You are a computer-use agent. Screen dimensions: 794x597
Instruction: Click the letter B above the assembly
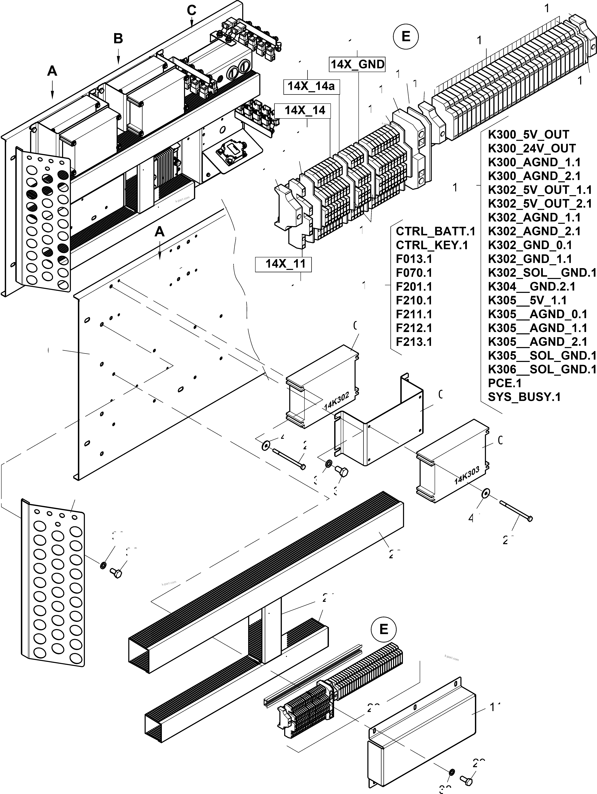(x=118, y=39)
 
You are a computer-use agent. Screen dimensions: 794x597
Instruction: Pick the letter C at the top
(x=192, y=11)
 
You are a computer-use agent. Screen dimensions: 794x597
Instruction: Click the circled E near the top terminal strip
(x=406, y=36)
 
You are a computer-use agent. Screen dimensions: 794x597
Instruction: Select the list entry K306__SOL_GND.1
(x=542, y=369)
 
